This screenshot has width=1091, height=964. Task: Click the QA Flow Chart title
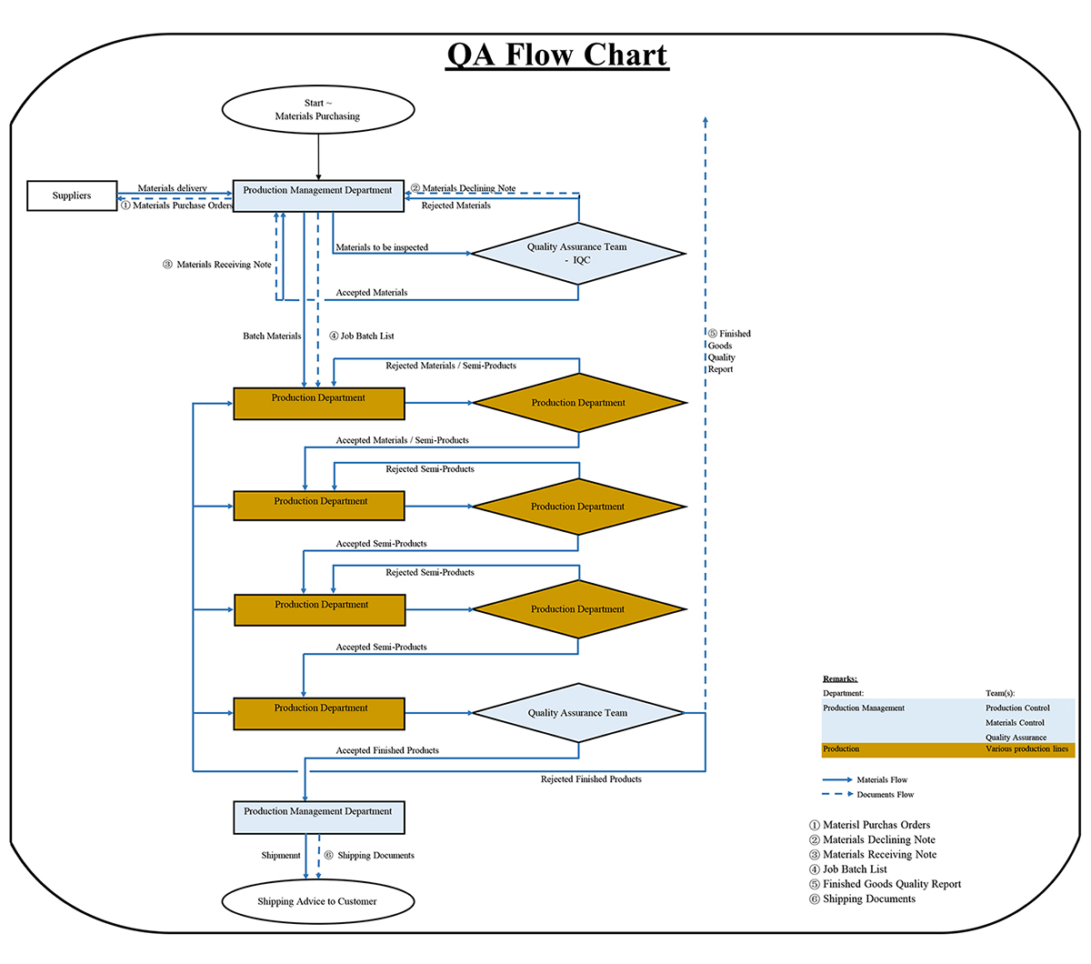[x=557, y=55]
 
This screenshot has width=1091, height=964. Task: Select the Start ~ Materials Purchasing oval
[x=318, y=110]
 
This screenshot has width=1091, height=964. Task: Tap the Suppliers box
[x=72, y=196]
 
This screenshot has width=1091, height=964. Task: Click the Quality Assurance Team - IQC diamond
[x=577, y=254]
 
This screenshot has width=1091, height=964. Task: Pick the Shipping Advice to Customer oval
[x=317, y=901]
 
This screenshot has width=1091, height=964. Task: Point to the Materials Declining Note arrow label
[x=464, y=188]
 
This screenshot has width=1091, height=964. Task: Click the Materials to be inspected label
[x=382, y=247]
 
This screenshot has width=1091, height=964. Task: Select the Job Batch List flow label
[x=362, y=336]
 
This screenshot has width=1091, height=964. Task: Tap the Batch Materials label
[x=272, y=336]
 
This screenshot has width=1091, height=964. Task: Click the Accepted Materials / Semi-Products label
[x=402, y=440]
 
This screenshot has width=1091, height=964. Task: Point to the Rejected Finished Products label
[x=591, y=779]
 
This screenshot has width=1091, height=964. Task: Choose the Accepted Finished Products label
[x=387, y=750]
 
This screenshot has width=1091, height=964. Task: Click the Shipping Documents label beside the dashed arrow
[x=370, y=855]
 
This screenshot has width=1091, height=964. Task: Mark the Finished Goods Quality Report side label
[x=728, y=351]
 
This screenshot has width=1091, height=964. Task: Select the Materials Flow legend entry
[x=865, y=779]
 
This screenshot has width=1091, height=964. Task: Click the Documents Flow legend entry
[x=867, y=795]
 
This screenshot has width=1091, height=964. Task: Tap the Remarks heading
[x=840, y=678]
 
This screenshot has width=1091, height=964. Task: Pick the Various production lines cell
[x=1026, y=749]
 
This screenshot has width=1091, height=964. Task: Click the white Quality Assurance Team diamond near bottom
[x=577, y=713]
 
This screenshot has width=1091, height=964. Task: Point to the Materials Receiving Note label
[x=217, y=265]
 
